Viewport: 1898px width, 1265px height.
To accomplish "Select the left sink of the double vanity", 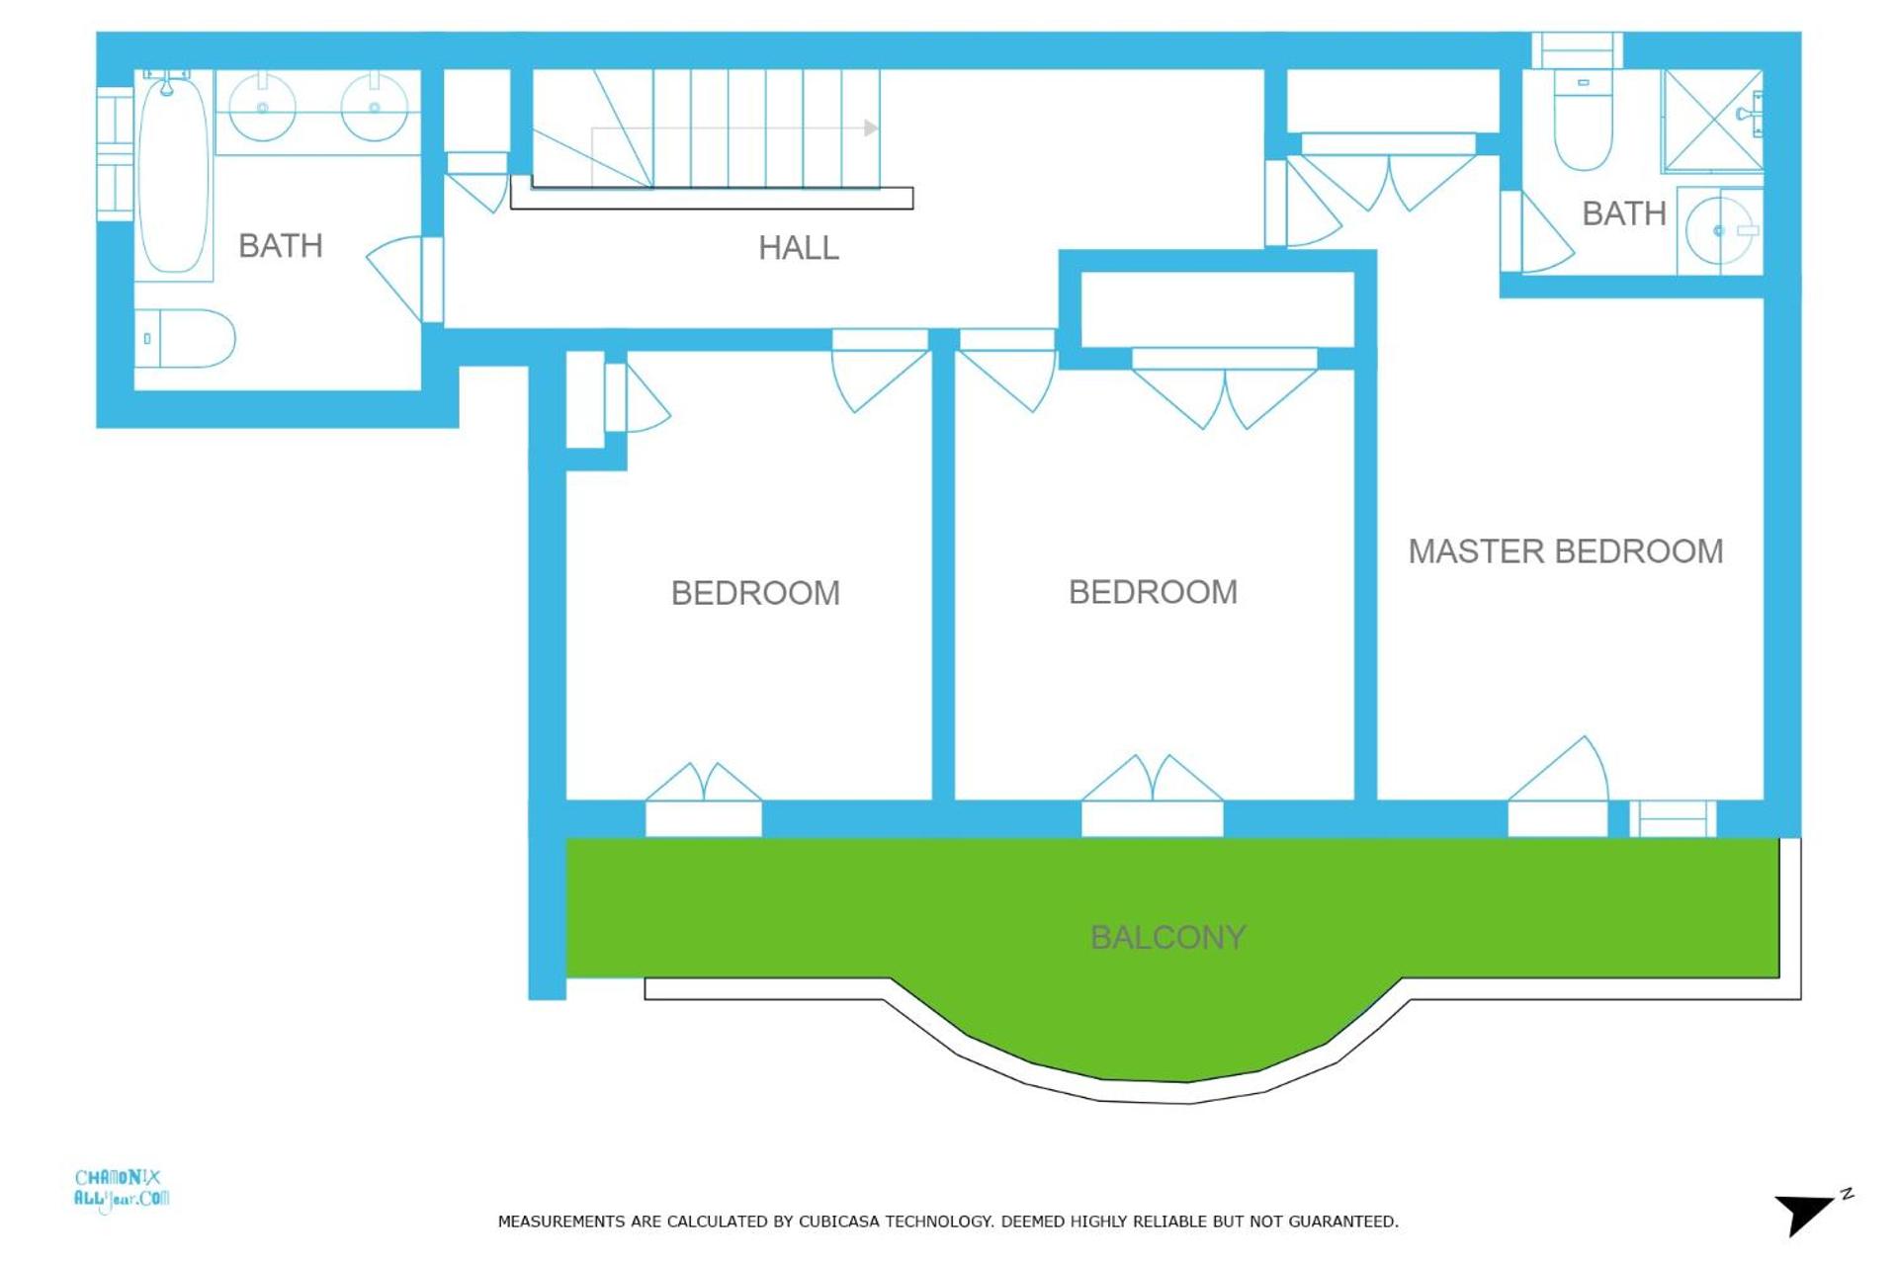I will coord(262,107).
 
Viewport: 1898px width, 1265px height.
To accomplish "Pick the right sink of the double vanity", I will coord(374,107).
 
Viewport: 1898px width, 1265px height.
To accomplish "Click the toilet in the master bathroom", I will coord(1583,119).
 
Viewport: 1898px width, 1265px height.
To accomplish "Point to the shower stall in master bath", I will coord(1711,120).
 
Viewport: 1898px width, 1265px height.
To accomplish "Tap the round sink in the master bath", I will coord(1719,230).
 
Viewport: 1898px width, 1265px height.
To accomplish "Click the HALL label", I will coord(798,247).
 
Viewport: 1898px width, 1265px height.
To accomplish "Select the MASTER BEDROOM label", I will coord(1565,550).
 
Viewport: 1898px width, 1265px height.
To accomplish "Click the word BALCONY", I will coord(1167,936).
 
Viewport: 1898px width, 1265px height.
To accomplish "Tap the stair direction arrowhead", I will coord(870,127).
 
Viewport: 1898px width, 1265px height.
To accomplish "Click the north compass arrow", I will coord(1805,1212).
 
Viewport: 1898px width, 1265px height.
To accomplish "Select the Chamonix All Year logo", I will coord(121,1189).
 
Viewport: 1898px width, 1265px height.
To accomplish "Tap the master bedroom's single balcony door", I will coord(1560,781).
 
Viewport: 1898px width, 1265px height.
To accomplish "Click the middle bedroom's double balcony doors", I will coord(1152,786).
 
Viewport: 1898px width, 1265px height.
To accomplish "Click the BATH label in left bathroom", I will coord(280,245).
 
